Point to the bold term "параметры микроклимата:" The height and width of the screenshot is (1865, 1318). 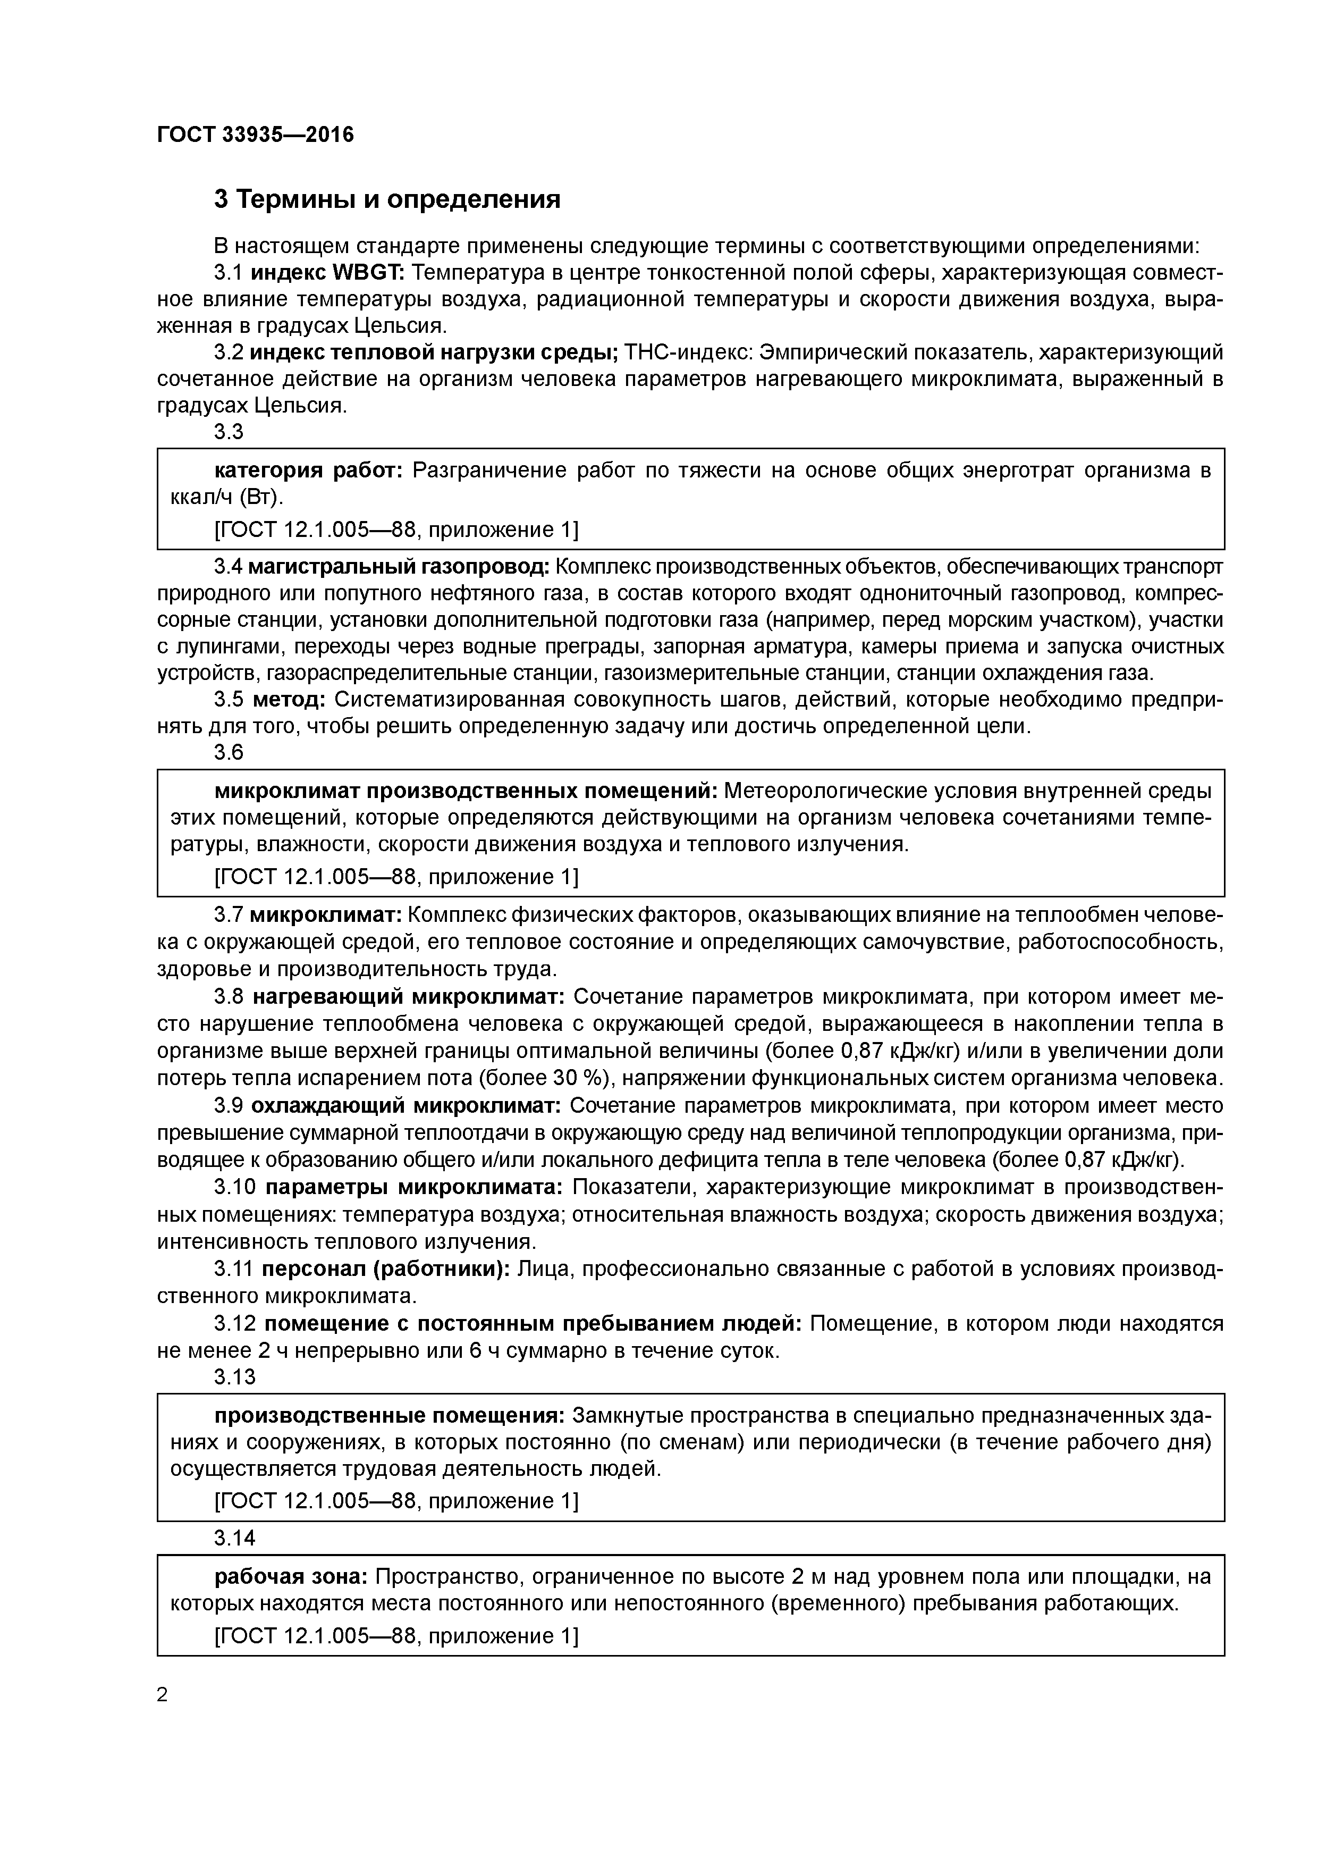[x=413, y=1188]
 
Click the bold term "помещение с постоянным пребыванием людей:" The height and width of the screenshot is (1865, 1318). [x=533, y=1324]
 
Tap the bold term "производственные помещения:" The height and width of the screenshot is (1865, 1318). [x=389, y=1416]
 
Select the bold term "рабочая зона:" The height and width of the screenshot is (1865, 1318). [x=292, y=1577]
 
